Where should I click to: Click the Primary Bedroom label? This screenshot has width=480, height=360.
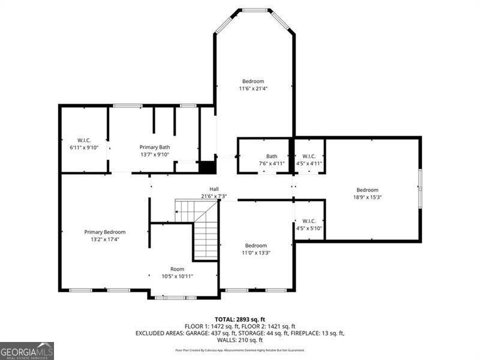tap(105, 232)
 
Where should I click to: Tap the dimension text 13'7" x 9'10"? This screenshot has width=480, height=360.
tap(155, 154)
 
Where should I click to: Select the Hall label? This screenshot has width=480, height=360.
tap(214, 189)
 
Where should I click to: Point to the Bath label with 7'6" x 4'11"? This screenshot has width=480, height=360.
tap(272, 156)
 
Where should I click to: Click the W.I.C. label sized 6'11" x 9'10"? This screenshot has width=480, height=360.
tap(83, 140)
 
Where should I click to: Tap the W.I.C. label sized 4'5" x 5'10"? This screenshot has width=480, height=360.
tap(309, 221)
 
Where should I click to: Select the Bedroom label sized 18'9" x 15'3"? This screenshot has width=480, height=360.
tap(367, 190)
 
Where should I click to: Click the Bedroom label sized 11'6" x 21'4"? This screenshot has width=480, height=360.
tap(253, 81)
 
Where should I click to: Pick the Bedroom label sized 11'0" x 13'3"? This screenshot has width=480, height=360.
tap(256, 245)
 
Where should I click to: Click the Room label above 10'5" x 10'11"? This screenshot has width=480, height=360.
tap(177, 269)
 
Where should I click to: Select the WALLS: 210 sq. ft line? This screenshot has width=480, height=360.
tap(240, 340)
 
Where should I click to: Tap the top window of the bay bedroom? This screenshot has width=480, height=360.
tap(254, 10)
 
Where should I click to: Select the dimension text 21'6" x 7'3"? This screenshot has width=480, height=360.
tap(214, 196)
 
